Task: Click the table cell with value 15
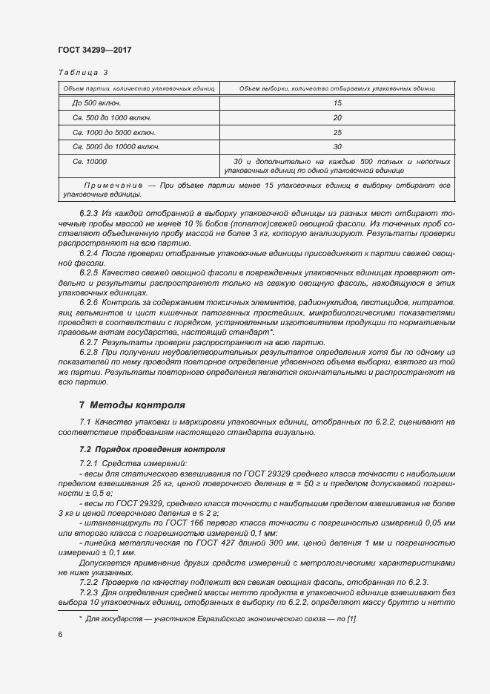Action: [337, 102]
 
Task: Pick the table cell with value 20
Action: [337, 117]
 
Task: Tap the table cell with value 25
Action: [337, 132]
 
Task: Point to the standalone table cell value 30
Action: [337, 146]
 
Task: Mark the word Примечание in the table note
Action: [113, 184]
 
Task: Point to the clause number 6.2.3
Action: [89, 214]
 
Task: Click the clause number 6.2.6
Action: [89, 304]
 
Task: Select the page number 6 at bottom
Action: [59, 635]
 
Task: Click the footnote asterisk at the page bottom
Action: [82, 618]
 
